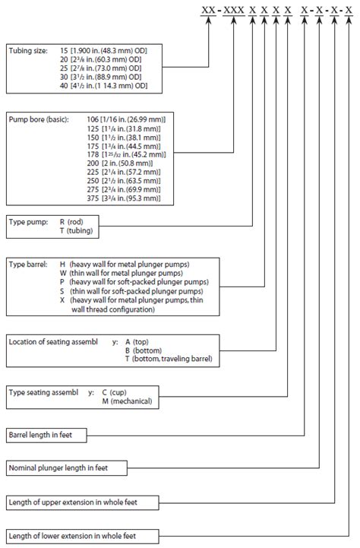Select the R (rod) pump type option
[x=74, y=222]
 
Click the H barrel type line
[x=125, y=264]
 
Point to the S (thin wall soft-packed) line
[x=126, y=291]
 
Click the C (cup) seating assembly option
[x=117, y=392]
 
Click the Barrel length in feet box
[x=46, y=436]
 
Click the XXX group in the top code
[x=244, y=11]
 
